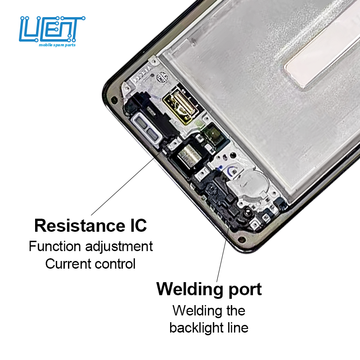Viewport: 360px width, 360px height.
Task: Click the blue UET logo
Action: (52, 29)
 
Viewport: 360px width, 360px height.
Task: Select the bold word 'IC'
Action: (135, 225)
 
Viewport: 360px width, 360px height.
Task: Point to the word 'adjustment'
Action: (119, 247)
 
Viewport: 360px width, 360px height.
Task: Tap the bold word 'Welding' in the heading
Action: (189, 289)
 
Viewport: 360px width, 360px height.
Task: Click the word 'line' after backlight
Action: (237, 328)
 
